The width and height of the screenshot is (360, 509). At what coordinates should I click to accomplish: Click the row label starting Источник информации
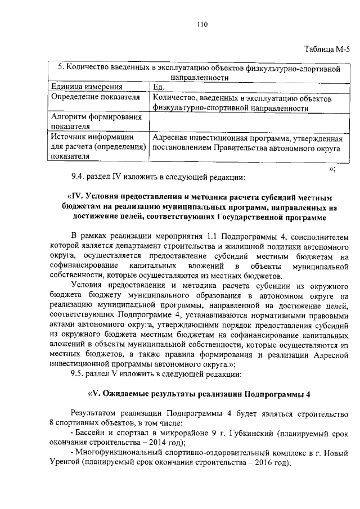(92, 137)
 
